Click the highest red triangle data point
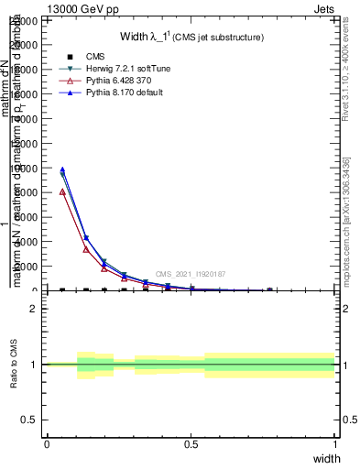pos(62,191)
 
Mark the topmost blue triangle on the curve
pos(62,169)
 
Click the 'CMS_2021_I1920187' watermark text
pos(191,274)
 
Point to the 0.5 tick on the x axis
pos(191,444)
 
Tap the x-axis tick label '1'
pos(334,444)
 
